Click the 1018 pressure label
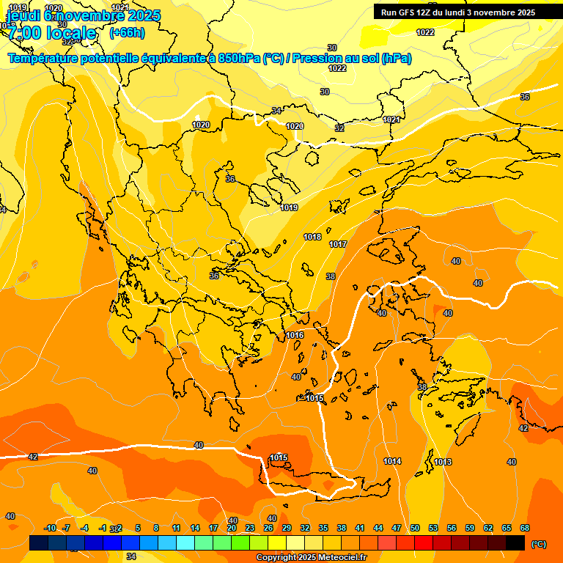[312, 237]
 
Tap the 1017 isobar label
[338, 244]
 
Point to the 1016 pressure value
[295, 335]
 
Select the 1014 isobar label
[392, 461]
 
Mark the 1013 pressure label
[443, 462]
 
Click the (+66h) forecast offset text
[127, 33]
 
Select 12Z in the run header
[431, 12]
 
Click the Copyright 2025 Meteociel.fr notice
[312, 558]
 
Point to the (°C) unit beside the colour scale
[538, 544]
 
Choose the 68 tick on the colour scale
[525, 528]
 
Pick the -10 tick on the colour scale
[50, 528]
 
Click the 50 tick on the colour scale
[415, 528]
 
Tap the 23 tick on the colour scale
[250, 528]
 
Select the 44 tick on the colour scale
[378, 528]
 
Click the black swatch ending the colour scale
[515, 543]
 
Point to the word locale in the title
[69, 33]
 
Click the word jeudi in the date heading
[23, 15]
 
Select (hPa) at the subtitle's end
[396, 59]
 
